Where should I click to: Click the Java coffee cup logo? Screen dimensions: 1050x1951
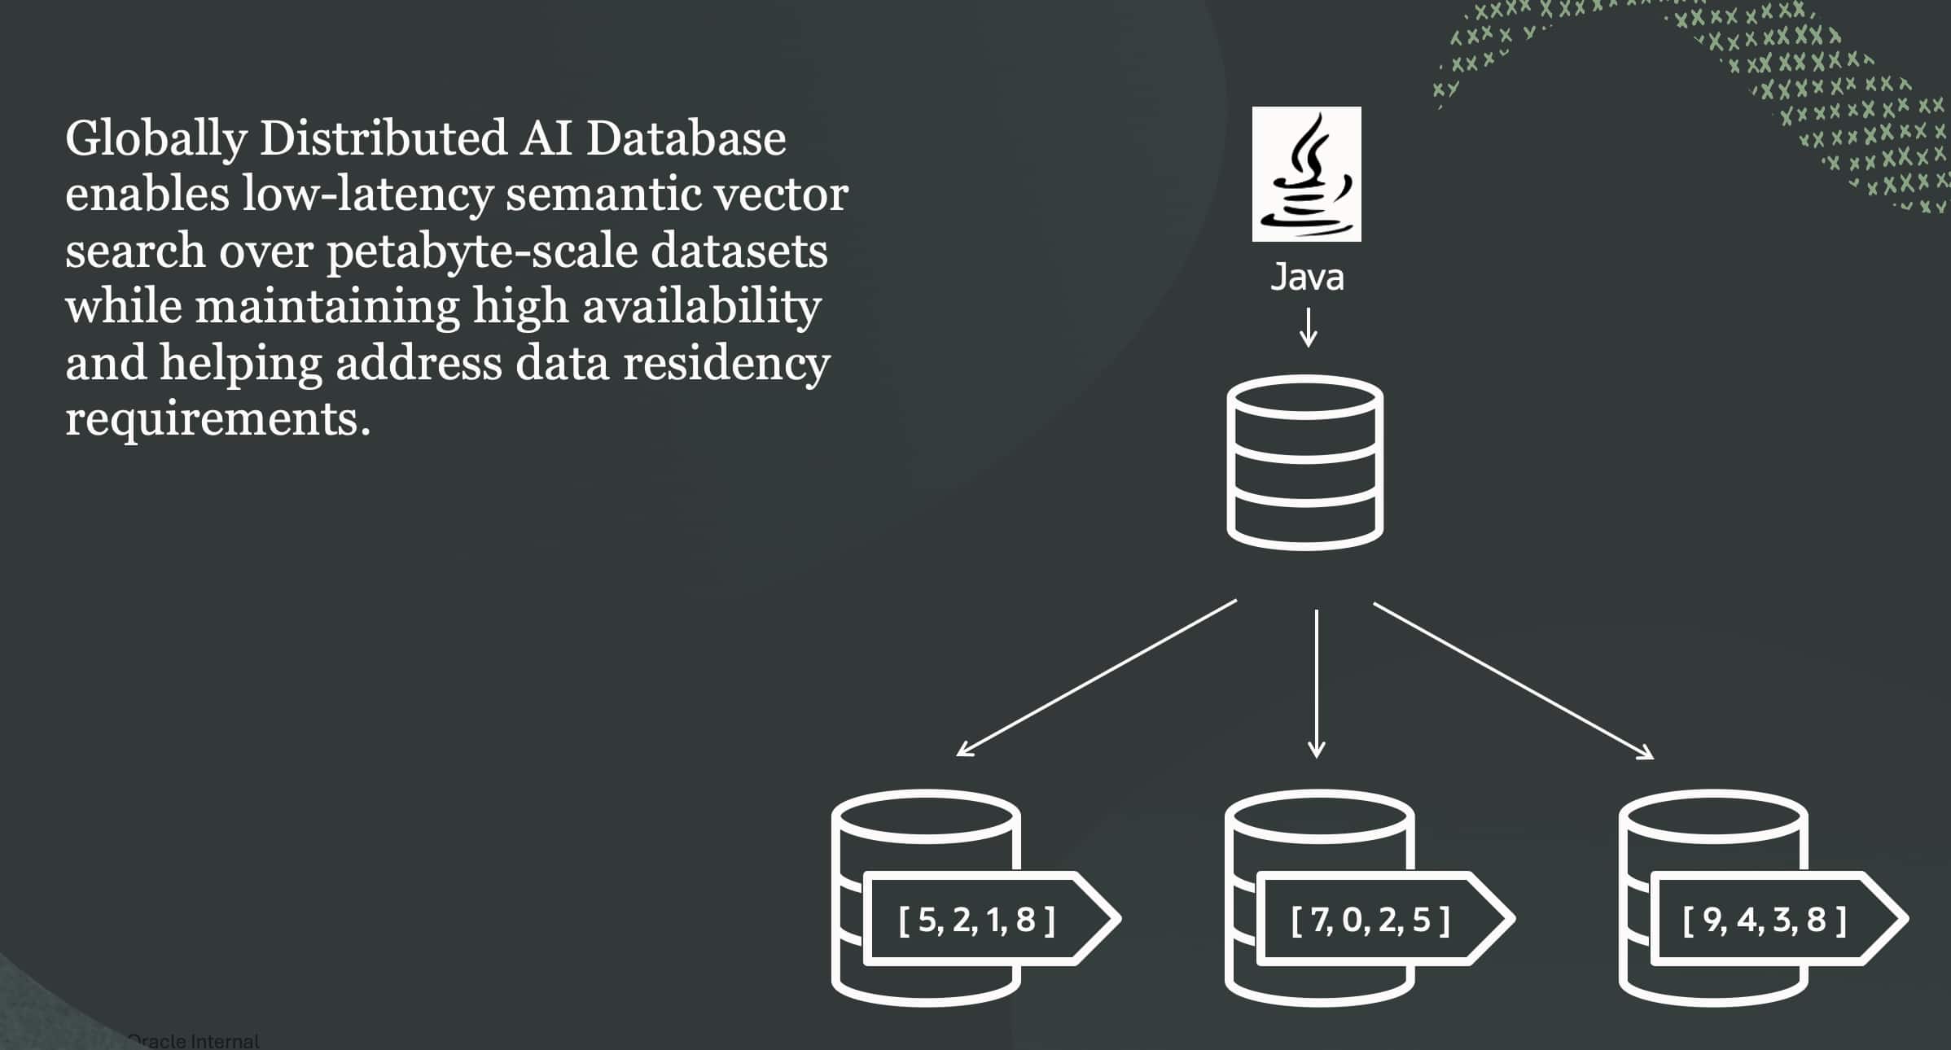(1306, 173)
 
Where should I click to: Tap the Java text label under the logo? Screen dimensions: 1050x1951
(1307, 278)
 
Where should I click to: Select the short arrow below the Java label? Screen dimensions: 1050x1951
(1309, 327)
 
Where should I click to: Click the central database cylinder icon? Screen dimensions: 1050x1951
(1304, 462)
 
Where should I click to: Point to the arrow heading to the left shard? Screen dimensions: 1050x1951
(1096, 678)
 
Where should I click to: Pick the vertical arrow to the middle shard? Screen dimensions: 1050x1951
(1316, 684)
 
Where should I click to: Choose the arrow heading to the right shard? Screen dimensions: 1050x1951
(1513, 680)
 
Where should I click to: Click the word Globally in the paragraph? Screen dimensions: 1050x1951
(156, 140)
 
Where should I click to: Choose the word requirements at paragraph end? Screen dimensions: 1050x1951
(217, 419)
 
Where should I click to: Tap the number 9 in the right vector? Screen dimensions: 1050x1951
(1712, 919)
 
